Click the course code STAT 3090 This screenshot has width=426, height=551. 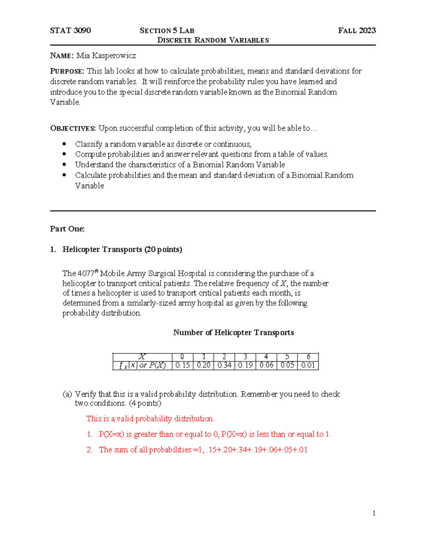pos(70,31)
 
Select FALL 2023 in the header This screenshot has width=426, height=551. pos(357,31)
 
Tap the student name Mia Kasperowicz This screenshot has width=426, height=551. pos(106,56)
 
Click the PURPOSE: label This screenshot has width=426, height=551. pos(67,71)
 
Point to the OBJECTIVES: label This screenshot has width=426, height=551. pos(73,128)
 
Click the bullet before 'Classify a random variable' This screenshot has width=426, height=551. pos(64,144)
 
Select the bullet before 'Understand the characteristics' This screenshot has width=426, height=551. pos(64,165)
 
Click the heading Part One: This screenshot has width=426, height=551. pos(67,229)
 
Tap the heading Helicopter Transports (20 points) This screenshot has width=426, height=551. pos(122,249)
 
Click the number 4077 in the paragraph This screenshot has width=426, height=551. pos(86,274)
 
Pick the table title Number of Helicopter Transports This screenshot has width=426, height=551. pos(233,332)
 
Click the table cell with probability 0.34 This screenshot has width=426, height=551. pos(224,365)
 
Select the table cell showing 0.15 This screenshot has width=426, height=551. pos(182,365)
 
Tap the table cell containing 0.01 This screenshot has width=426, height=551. pos(308,365)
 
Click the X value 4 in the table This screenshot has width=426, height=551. pos(266,357)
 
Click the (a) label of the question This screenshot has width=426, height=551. pos(67,394)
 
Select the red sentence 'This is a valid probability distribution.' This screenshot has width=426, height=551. pos(150,419)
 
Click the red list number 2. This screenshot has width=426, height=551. pos(89,450)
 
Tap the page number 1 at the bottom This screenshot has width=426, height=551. pos(374,513)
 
